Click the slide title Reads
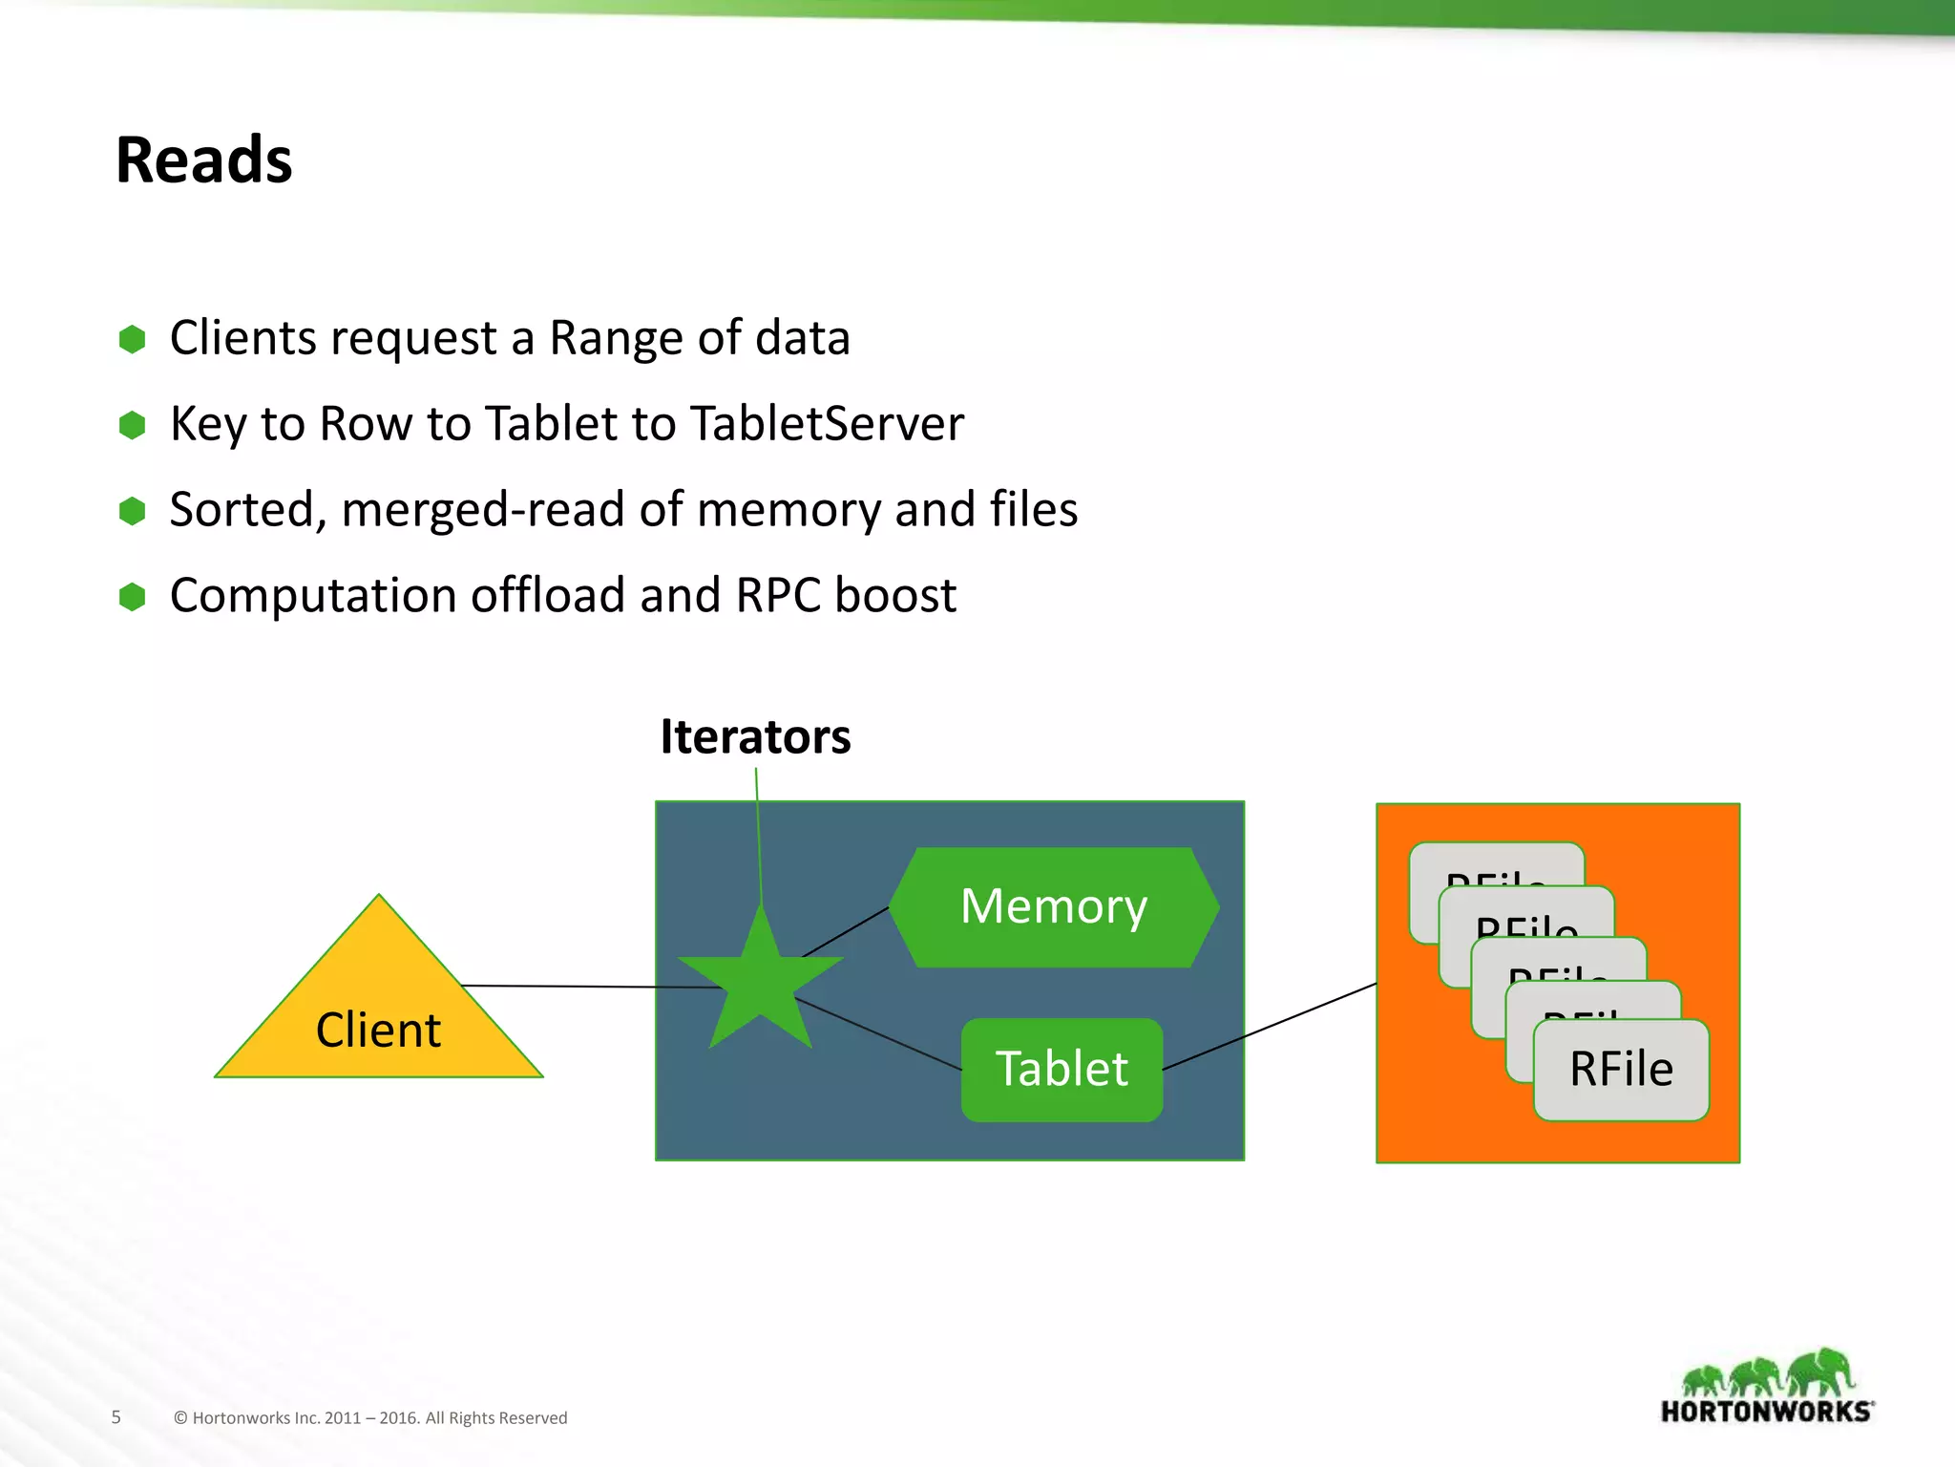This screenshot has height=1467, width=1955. [x=203, y=159]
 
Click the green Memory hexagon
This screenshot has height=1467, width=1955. [x=1054, y=906]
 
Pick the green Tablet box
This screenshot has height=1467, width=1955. [x=1062, y=1069]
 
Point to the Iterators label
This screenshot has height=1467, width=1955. [x=755, y=737]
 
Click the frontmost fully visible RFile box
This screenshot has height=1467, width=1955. [x=1621, y=1070]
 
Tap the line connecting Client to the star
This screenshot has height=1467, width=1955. [x=573, y=987]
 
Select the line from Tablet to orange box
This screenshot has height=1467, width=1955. [x=1270, y=1027]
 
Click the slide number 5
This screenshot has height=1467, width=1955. [x=116, y=1417]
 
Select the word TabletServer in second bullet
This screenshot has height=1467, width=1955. [x=827, y=424]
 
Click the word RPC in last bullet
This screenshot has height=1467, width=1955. [x=778, y=596]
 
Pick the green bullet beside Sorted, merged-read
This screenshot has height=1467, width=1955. [x=132, y=511]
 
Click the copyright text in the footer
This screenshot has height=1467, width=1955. [x=370, y=1418]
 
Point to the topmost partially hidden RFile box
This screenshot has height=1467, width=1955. [x=1495, y=863]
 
